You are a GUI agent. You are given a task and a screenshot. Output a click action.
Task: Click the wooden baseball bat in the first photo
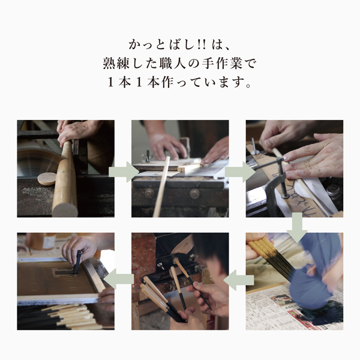point(65,180)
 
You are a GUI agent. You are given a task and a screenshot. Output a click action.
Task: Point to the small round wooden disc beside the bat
point(47,178)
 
